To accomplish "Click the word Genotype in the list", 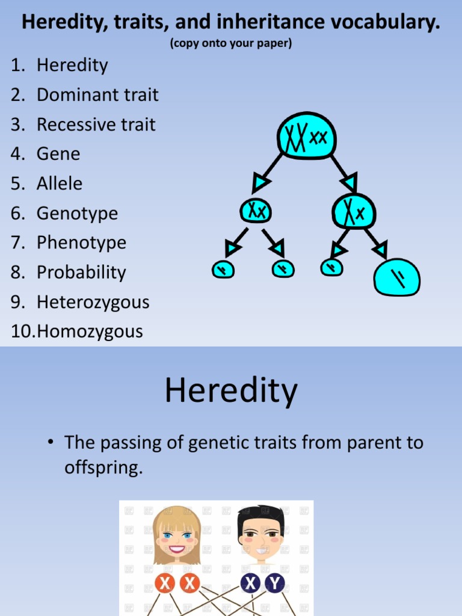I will tap(77, 213).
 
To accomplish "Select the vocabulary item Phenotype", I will tap(81, 242).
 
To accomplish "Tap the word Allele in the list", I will tap(60, 183).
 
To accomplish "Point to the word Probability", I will tap(81, 273).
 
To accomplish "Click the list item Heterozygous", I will tap(93, 302).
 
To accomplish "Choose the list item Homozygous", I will tap(90, 331).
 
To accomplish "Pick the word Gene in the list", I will tap(58, 154).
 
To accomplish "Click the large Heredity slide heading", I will tap(231, 391).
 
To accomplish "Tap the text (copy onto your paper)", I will tap(231, 43).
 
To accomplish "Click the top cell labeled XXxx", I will tap(307, 137).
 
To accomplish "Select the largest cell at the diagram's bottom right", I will tap(396, 277).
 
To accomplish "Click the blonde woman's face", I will tap(177, 535).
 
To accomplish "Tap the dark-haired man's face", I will tap(260, 535).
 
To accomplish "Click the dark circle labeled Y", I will tap(275, 583).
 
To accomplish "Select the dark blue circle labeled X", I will tap(252, 583).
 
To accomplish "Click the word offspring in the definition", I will tap(103, 468).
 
